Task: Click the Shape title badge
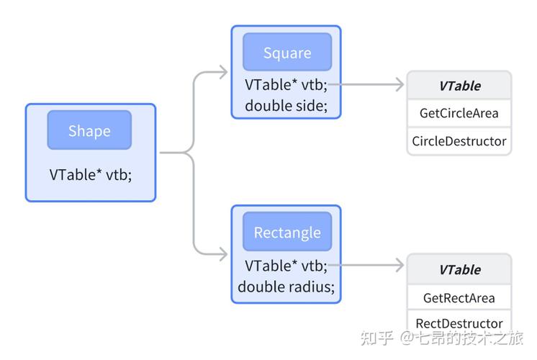[x=89, y=130]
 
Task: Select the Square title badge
[x=286, y=53]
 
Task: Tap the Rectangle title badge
[x=286, y=233]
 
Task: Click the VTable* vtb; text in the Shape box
[x=91, y=174]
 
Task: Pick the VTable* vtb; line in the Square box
[x=286, y=84]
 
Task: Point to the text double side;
[x=286, y=105]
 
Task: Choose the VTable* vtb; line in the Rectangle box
[x=286, y=265]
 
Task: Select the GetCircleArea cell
[x=459, y=113]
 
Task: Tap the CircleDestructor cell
[x=459, y=141]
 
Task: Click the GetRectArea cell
[x=459, y=297]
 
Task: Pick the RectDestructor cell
[x=459, y=323]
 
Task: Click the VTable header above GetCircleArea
[x=459, y=86]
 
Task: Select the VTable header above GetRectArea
[x=459, y=269]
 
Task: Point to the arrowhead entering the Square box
[x=222, y=72]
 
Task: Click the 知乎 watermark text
[x=376, y=338]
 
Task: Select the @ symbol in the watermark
[x=407, y=338]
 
